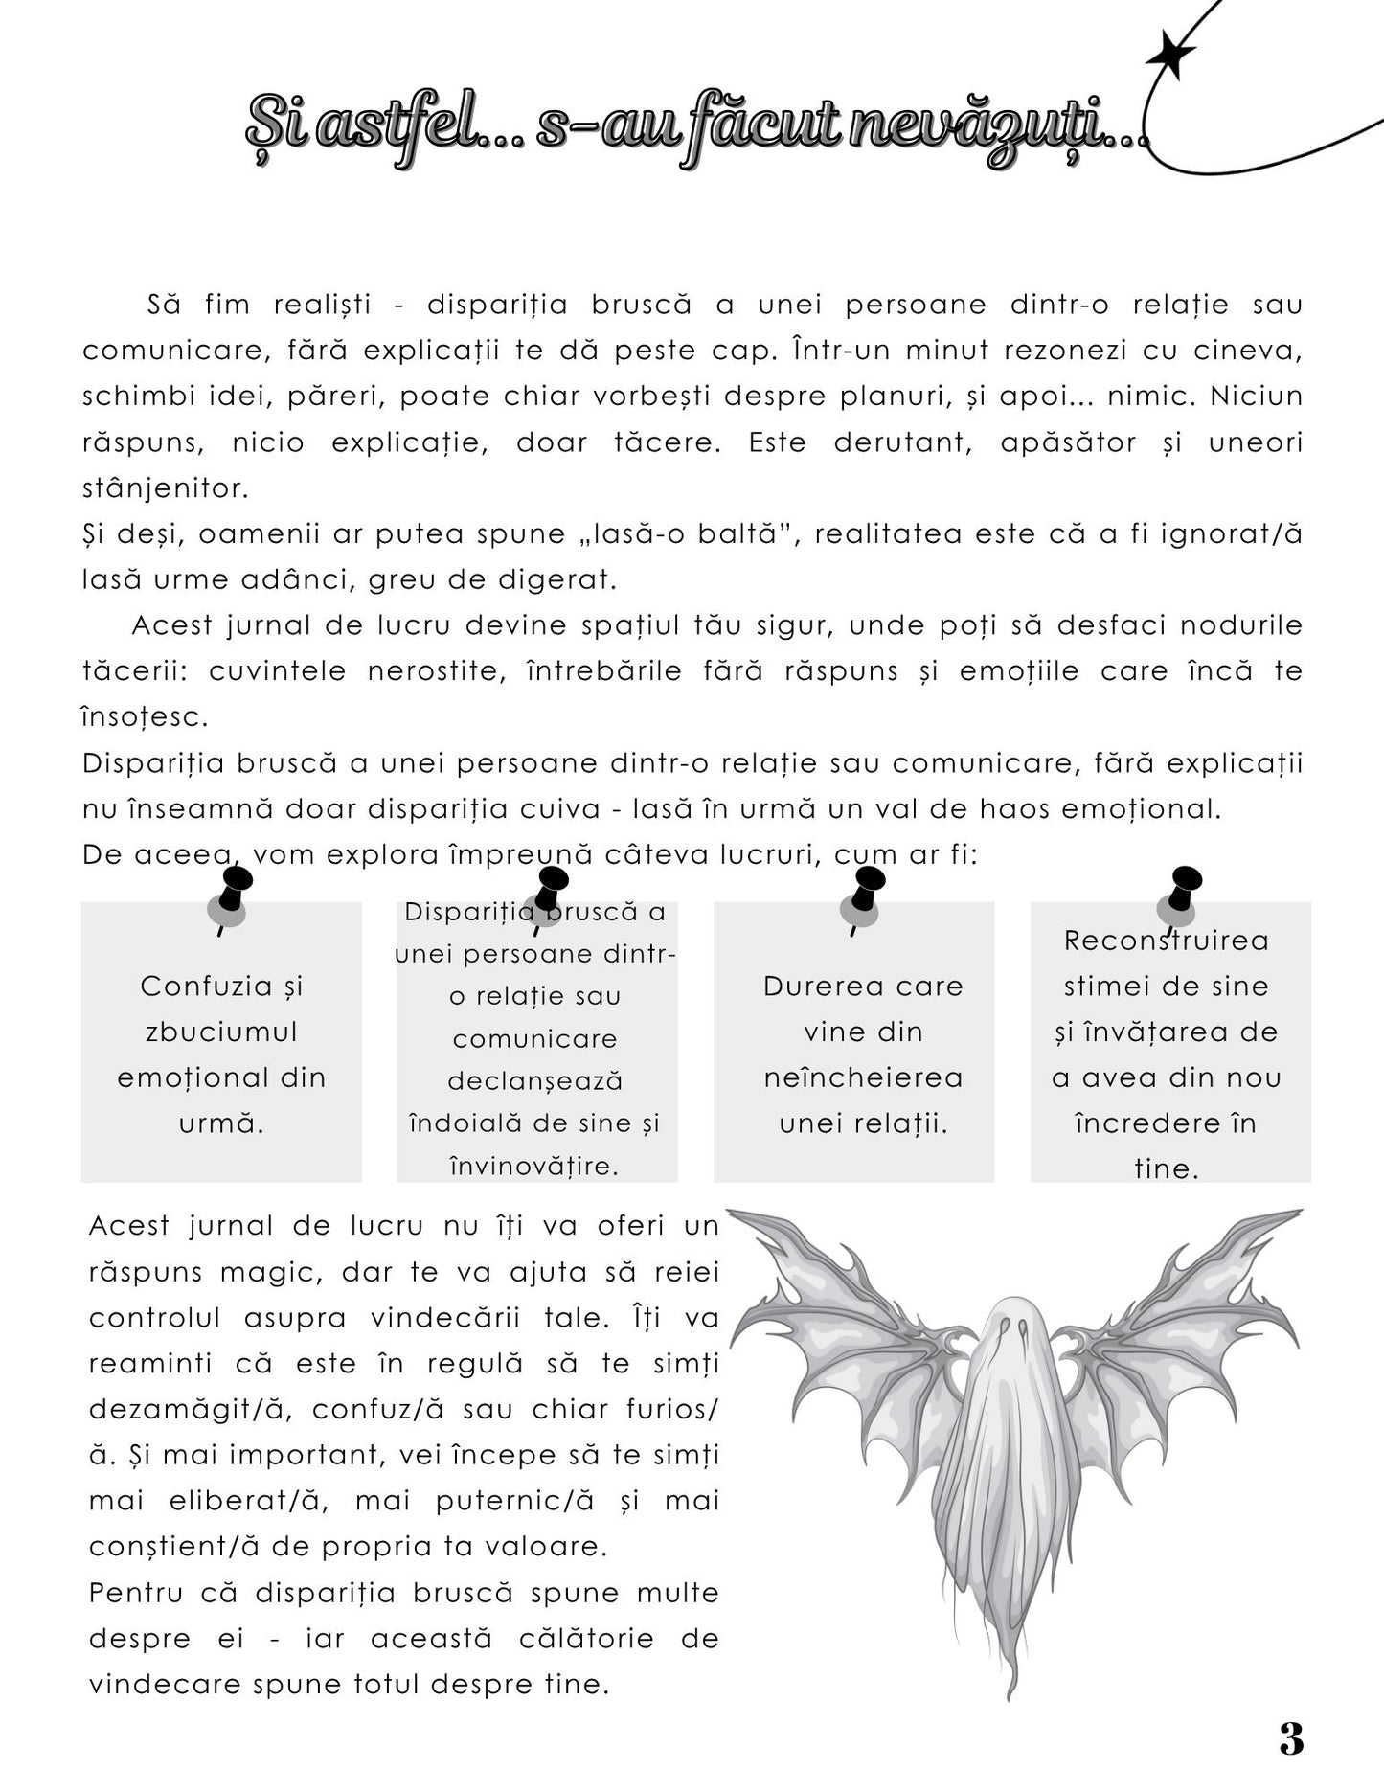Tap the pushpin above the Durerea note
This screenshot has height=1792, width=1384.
864,894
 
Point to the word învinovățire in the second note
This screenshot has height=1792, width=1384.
534,1166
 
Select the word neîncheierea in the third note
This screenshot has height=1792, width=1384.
863,1077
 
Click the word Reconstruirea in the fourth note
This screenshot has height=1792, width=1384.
1166,941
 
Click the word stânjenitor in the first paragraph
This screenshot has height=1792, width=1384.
165,488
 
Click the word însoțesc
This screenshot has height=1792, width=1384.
145,716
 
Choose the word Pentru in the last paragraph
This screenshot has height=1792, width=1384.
135,1593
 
